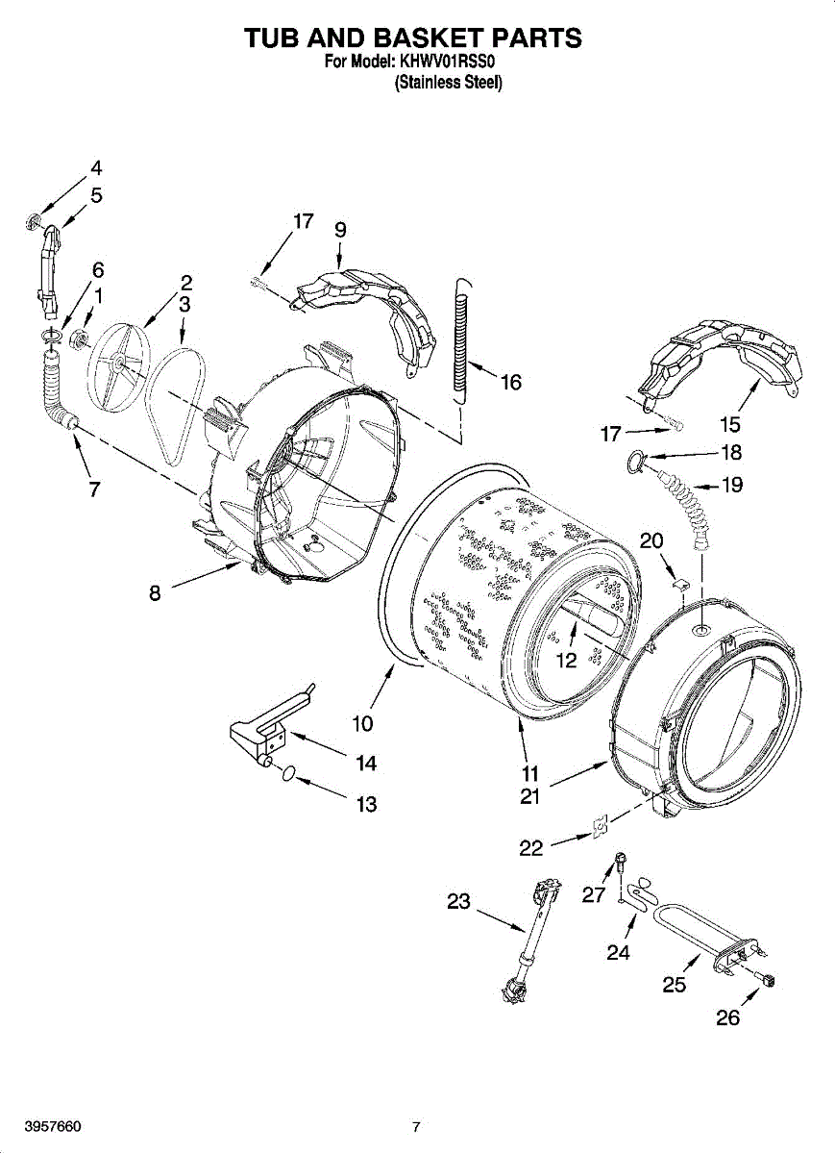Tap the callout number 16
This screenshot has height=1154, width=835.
(x=510, y=383)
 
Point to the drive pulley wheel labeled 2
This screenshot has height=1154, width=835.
(x=119, y=367)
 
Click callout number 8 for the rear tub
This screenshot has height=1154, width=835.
(x=155, y=594)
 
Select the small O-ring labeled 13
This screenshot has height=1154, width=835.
(x=289, y=774)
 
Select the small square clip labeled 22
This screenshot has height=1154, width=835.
(x=600, y=825)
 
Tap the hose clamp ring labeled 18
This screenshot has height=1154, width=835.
(x=635, y=460)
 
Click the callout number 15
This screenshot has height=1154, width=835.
(x=730, y=424)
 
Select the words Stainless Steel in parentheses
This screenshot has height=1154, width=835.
(x=448, y=83)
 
